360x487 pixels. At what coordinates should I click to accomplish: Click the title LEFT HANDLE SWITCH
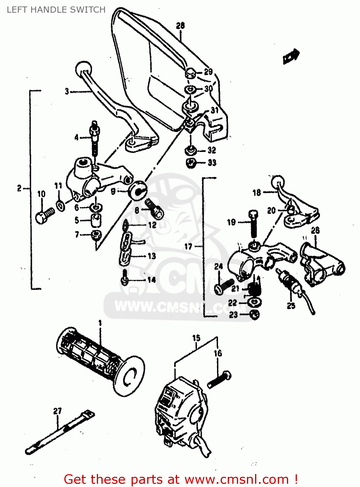click(x=56, y=10)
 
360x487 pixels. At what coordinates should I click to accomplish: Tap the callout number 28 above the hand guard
click(x=180, y=26)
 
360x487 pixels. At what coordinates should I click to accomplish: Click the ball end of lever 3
click(x=84, y=68)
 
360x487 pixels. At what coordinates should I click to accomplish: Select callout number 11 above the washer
click(x=58, y=186)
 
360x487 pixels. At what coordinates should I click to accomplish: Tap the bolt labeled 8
click(x=154, y=208)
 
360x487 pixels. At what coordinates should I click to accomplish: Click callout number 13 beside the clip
click(x=152, y=256)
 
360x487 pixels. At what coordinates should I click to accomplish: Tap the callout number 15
click(x=196, y=338)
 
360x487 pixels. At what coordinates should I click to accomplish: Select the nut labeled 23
click(x=255, y=314)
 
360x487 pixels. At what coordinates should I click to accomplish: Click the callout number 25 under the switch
click(x=291, y=306)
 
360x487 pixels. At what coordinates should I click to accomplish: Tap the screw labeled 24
click(x=224, y=286)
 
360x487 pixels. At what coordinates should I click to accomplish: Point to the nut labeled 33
click(x=191, y=163)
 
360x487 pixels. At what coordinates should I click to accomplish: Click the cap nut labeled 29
click(x=191, y=73)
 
